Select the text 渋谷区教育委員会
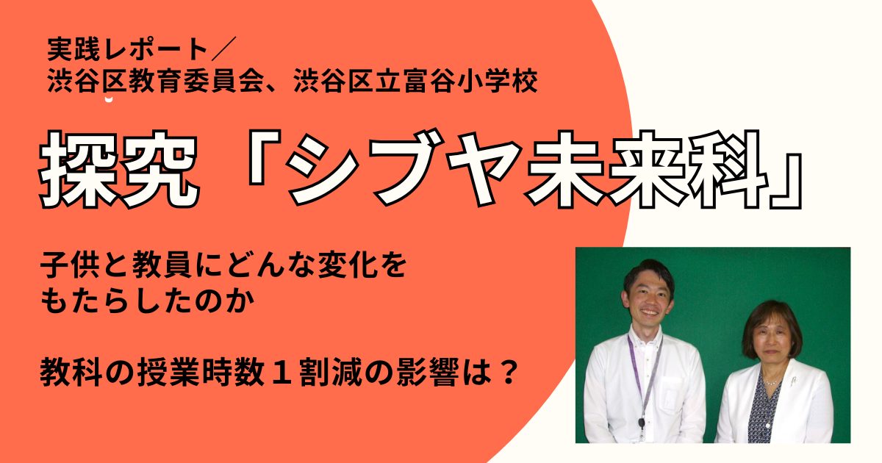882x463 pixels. click(155, 82)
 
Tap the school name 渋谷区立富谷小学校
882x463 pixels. click(415, 82)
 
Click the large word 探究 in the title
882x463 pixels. click(118, 169)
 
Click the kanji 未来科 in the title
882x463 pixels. click(646, 169)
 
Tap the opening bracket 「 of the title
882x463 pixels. click(262, 158)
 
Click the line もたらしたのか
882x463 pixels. click(147, 301)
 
